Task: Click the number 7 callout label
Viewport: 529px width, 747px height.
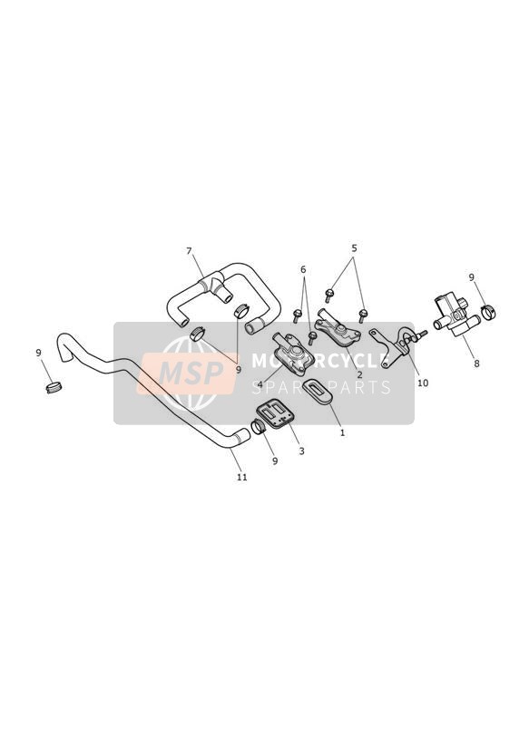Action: pyautogui.click(x=189, y=250)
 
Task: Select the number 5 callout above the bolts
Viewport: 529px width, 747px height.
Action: pyautogui.click(x=354, y=248)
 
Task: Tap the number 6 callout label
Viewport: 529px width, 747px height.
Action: pyautogui.click(x=303, y=270)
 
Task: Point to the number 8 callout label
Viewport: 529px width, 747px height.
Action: pyautogui.click(x=476, y=364)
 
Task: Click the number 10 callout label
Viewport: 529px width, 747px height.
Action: pyautogui.click(x=423, y=383)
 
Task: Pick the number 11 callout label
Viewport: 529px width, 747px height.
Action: pyautogui.click(x=242, y=477)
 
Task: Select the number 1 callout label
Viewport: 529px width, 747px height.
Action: pyautogui.click(x=342, y=433)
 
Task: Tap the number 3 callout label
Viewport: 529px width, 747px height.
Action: pyautogui.click(x=301, y=451)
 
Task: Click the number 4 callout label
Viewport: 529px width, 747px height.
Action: pyautogui.click(x=260, y=383)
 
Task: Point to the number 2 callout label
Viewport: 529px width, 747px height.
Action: pyautogui.click(x=373, y=375)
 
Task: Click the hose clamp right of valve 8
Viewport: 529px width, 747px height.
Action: pyautogui.click(x=488, y=312)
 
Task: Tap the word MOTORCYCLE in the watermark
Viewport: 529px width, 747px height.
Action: pyautogui.click(x=318, y=361)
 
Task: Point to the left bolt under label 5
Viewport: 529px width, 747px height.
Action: pyautogui.click(x=329, y=296)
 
